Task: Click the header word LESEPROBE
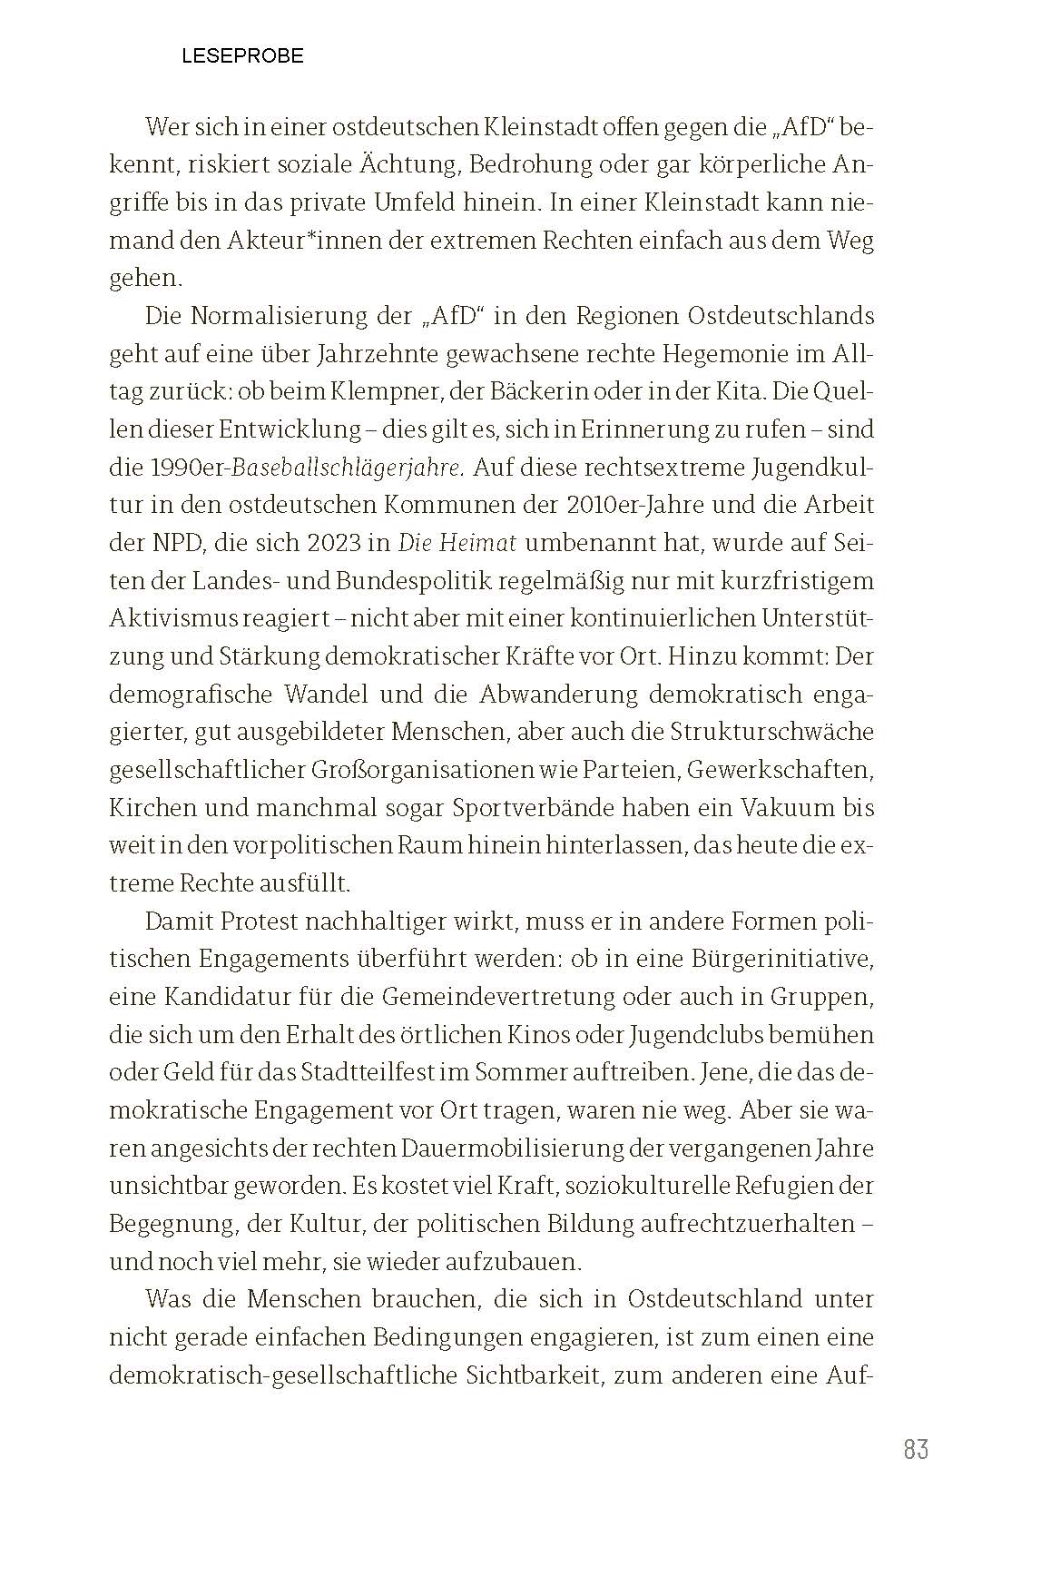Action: coord(242,56)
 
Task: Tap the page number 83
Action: coord(916,1449)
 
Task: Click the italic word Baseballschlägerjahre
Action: coord(349,468)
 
